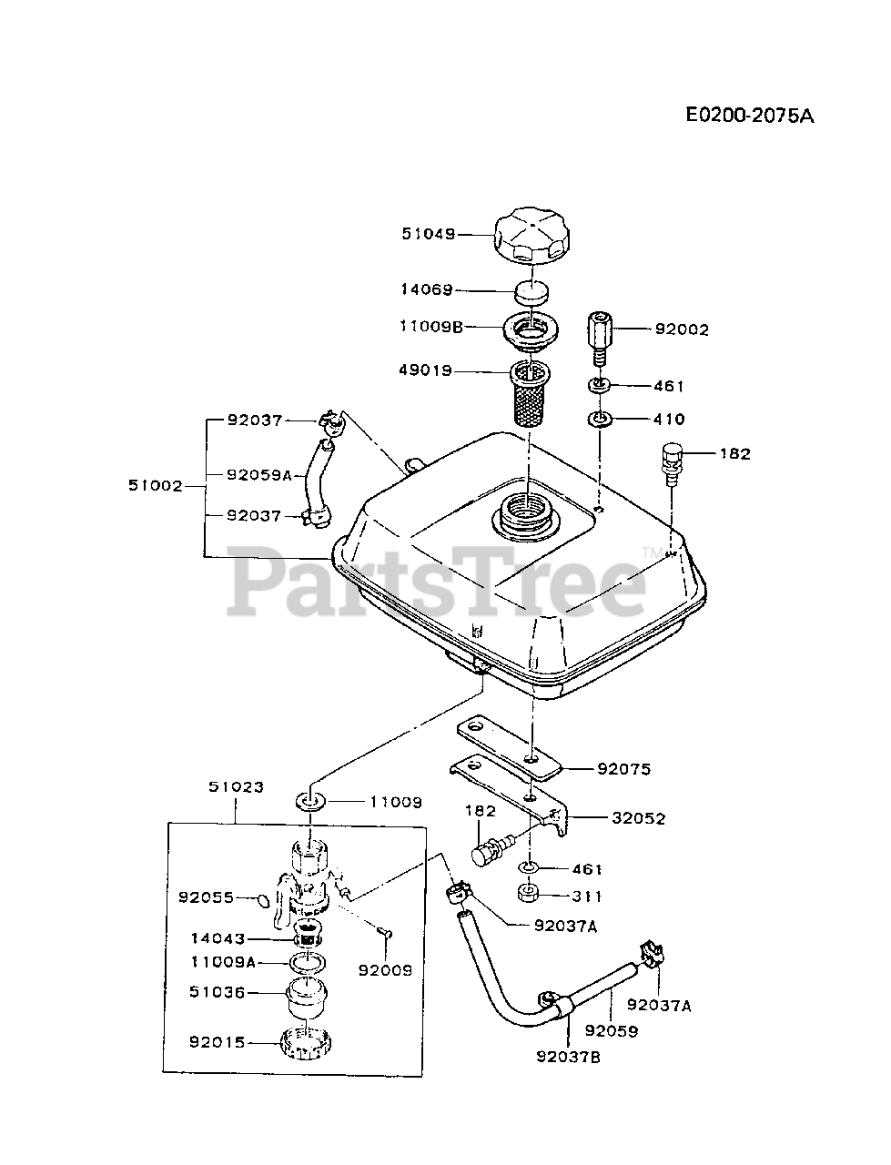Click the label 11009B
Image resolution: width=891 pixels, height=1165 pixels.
coord(429,325)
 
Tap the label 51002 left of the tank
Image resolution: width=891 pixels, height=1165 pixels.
coord(156,486)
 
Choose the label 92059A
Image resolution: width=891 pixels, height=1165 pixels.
coord(259,473)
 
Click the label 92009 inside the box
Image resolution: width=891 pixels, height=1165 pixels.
coord(384,970)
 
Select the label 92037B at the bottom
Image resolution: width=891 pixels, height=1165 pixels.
coord(569,1057)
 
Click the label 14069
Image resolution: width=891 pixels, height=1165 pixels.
coord(428,290)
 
